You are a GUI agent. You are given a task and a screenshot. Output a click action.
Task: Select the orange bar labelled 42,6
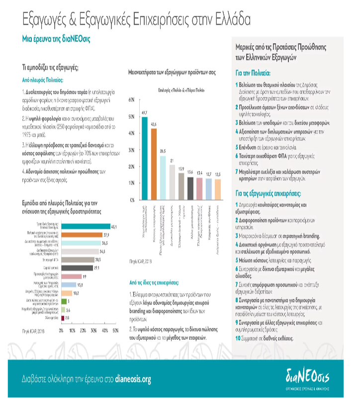(x=154, y=164)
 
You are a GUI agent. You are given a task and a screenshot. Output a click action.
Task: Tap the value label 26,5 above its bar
(x=163, y=150)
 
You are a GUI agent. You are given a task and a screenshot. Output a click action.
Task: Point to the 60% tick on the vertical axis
(x=131, y=101)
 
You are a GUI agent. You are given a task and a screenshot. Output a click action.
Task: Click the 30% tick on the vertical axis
(x=131, y=150)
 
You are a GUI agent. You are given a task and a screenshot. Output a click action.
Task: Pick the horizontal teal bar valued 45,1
(x=85, y=226)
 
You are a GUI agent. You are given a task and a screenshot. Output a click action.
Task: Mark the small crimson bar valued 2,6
(x=62, y=317)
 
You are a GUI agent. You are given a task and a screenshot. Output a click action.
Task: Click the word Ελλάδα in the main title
(x=227, y=19)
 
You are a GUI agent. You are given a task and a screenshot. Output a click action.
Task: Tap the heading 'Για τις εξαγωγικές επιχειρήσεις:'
(x=274, y=193)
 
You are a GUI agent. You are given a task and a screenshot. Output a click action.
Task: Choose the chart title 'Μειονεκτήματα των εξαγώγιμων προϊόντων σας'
(x=172, y=73)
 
